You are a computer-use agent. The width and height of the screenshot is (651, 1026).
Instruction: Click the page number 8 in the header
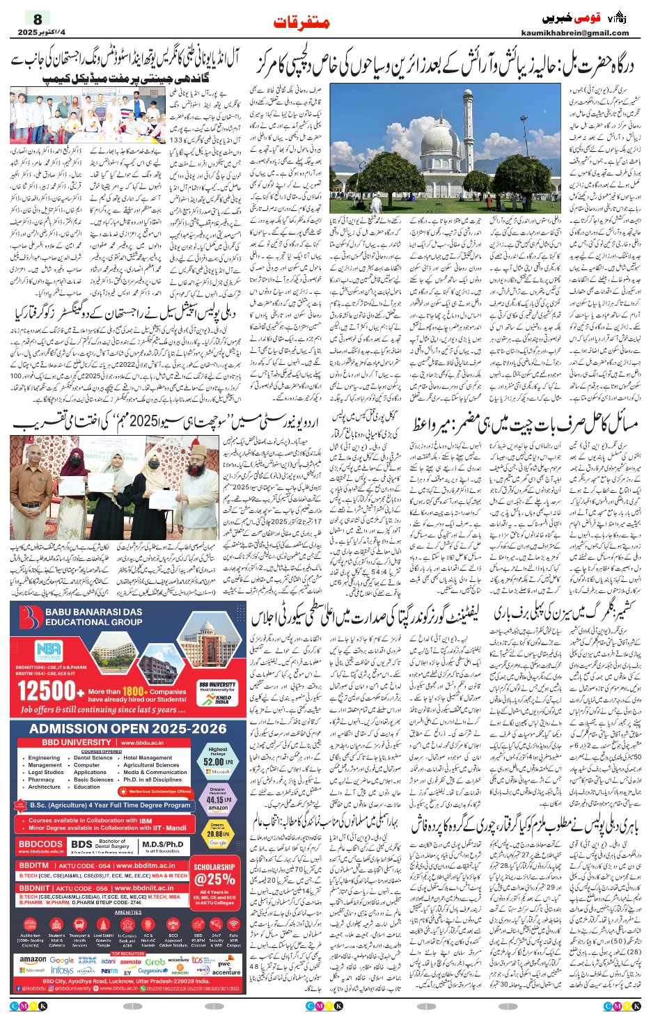[38, 19]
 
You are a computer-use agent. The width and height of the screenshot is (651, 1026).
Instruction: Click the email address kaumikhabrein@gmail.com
[574, 33]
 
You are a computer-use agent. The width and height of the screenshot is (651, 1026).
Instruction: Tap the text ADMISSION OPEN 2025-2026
[128, 729]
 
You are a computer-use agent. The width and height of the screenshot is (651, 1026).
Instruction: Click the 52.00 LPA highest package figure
[217, 762]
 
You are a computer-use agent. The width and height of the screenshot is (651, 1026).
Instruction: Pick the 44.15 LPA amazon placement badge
[217, 800]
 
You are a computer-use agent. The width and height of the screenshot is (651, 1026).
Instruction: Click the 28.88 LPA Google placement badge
[217, 833]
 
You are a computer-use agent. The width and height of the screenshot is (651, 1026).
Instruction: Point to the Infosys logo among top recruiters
[63, 970]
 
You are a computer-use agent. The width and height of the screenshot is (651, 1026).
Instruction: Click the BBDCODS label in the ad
[41, 844]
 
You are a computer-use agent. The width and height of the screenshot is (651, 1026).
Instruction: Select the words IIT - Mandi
[171, 828]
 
